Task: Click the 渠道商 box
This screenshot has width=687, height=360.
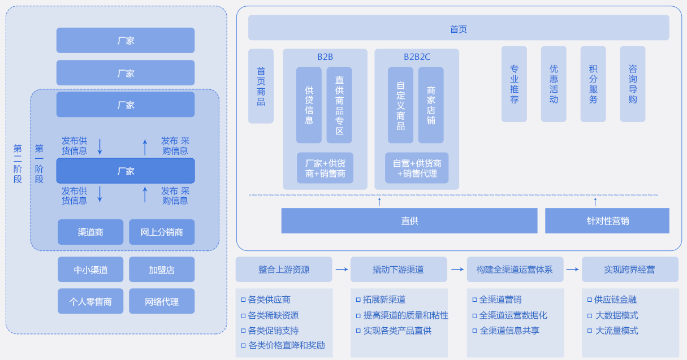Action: click(x=90, y=232)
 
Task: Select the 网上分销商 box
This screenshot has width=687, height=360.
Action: click(x=162, y=232)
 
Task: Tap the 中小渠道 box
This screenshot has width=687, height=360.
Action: click(x=90, y=270)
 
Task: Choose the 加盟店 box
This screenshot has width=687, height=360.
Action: click(x=162, y=270)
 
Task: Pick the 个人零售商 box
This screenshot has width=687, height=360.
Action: click(x=90, y=301)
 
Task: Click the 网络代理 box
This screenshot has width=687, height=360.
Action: click(x=162, y=301)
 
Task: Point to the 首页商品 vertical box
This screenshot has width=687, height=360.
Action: click(x=261, y=86)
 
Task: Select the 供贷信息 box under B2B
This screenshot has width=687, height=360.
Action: click(x=309, y=105)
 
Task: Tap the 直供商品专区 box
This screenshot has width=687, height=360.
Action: click(x=339, y=105)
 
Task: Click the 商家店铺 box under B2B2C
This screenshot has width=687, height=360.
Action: click(x=431, y=105)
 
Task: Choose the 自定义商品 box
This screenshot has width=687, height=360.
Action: click(x=400, y=105)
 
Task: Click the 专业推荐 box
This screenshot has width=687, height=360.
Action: click(x=514, y=84)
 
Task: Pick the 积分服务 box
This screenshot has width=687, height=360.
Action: click(x=593, y=84)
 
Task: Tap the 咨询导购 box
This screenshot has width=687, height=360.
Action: click(x=633, y=84)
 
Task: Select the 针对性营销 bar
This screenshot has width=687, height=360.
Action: click(x=607, y=220)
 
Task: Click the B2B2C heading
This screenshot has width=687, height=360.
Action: click(x=417, y=57)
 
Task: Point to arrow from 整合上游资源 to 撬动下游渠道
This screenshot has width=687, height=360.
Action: click(x=342, y=270)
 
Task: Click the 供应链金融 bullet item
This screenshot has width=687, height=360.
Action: click(x=615, y=300)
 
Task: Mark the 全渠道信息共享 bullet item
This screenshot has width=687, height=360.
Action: click(x=509, y=331)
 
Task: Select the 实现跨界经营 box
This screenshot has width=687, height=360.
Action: click(x=629, y=270)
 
